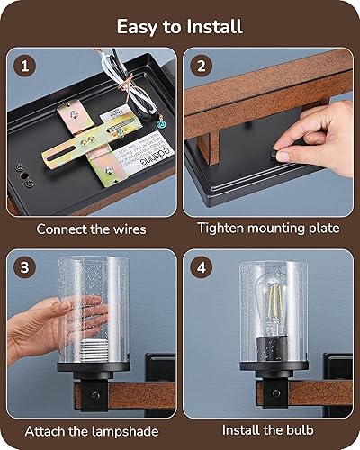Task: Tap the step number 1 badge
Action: tap(27, 67)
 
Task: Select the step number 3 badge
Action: tap(27, 268)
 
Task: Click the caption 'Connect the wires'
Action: tap(92, 229)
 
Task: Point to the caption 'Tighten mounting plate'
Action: tap(268, 229)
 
